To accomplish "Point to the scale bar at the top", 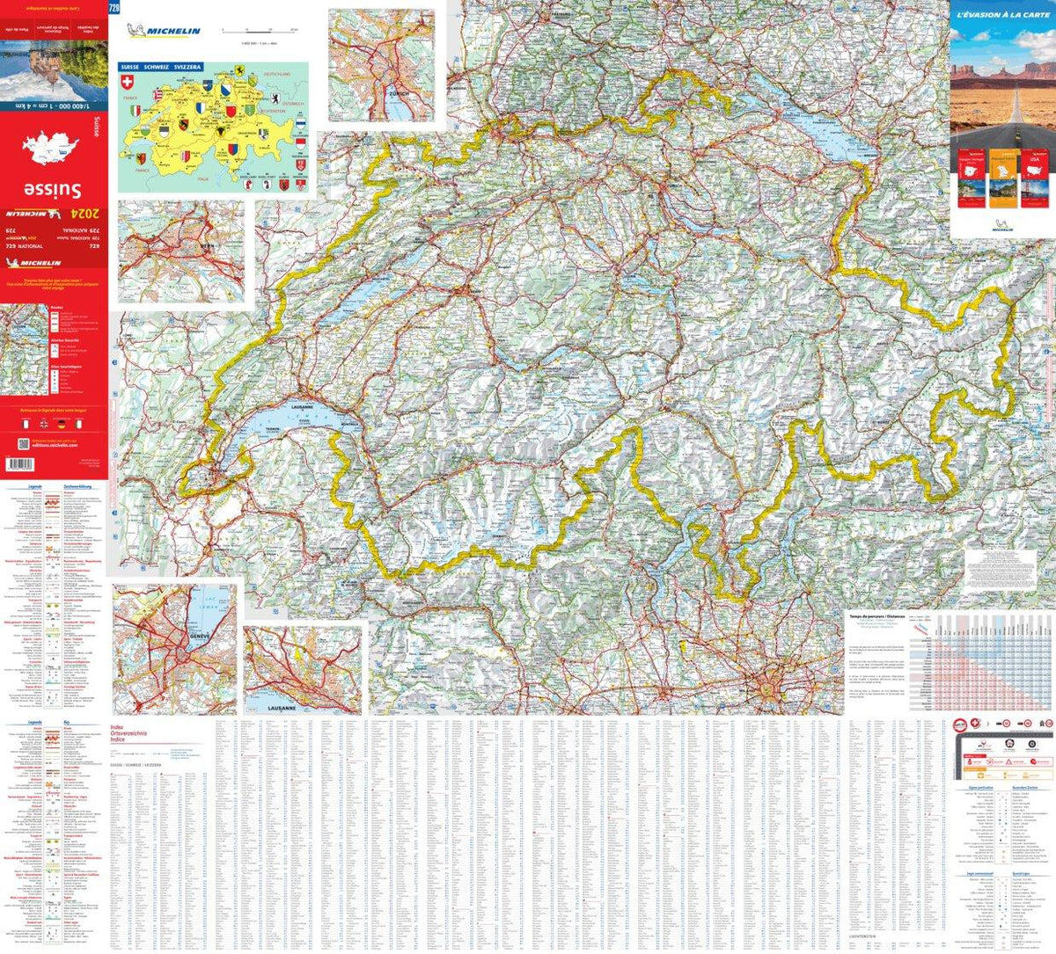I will [260, 32].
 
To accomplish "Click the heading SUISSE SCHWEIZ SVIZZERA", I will [161, 67].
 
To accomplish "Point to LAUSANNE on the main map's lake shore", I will [302, 408].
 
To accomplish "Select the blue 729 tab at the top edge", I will [114, 8].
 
